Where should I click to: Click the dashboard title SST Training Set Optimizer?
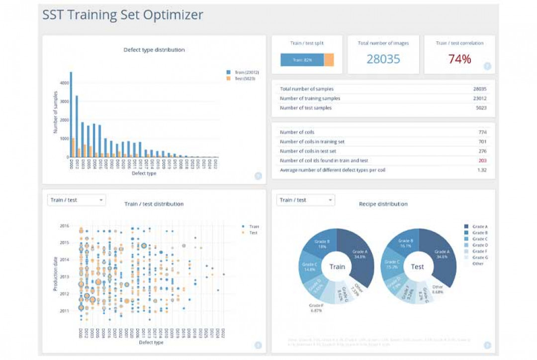click(x=123, y=15)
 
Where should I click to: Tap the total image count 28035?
click(x=383, y=59)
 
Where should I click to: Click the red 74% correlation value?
click(x=459, y=59)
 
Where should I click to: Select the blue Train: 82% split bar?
click(x=302, y=60)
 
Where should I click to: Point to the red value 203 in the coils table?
click(x=482, y=161)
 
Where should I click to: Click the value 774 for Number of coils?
click(x=482, y=132)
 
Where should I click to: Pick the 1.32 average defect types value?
click(x=482, y=170)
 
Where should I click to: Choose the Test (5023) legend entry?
click(x=243, y=79)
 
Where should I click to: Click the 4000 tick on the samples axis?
click(x=64, y=83)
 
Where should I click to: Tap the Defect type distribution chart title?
click(x=154, y=50)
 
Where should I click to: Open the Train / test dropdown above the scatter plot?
click(x=77, y=200)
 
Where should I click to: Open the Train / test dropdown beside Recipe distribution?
click(x=305, y=200)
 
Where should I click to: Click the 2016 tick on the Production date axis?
click(x=64, y=226)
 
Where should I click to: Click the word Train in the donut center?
click(x=337, y=267)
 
